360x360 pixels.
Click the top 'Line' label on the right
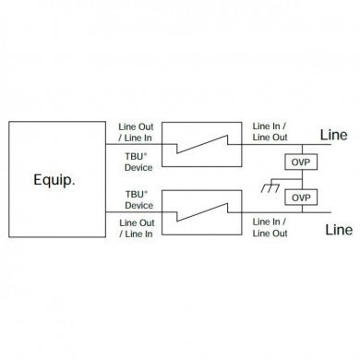333,135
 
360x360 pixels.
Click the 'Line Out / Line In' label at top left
138,130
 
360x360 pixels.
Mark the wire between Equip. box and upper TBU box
138,143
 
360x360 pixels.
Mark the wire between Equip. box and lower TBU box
138,214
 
